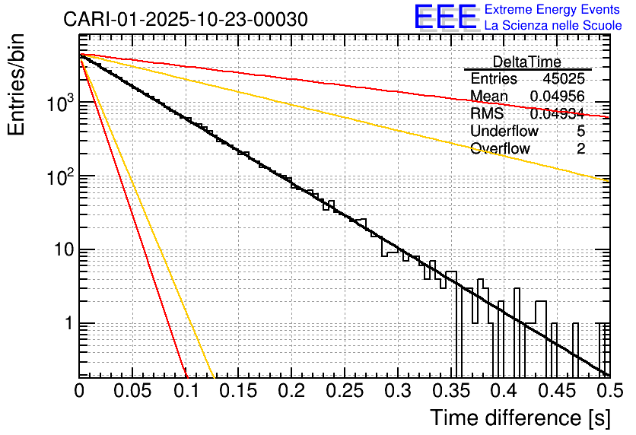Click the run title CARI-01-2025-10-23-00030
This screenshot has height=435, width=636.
(186, 19)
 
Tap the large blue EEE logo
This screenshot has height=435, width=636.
(446, 17)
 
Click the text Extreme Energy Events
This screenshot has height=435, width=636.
(552, 10)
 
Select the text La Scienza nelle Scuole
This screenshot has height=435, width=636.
(552, 26)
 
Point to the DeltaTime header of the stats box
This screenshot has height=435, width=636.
(526, 62)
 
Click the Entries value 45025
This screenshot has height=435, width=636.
(564, 79)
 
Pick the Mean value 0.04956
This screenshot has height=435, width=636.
(558, 96)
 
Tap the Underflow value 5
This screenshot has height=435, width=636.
(580, 131)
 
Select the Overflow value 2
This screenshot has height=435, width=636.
(580, 148)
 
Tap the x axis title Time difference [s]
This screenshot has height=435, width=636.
(520, 418)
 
